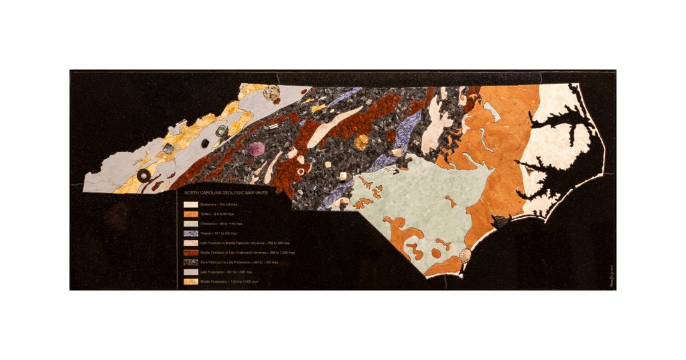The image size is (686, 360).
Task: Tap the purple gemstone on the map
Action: (x=257, y=149)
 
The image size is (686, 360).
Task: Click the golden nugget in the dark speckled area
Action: (x=362, y=142)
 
